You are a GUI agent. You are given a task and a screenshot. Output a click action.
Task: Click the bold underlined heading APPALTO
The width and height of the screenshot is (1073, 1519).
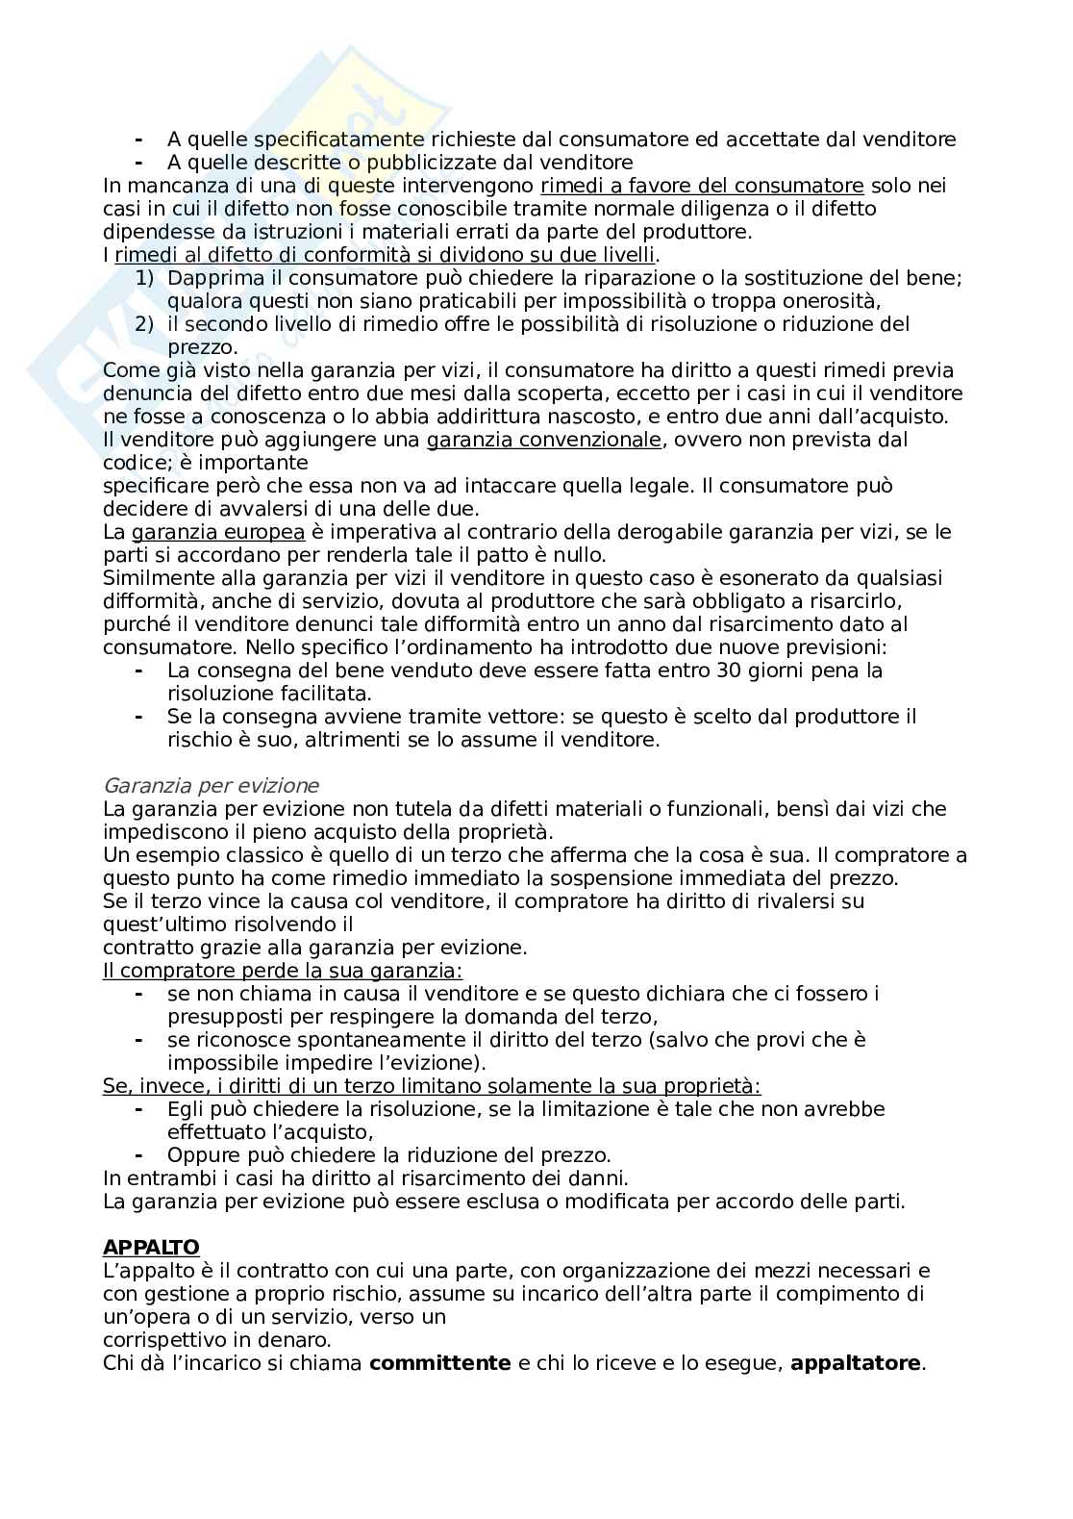(151, 1248)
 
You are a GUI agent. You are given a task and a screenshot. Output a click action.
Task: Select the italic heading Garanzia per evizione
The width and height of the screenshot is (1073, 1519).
(211, 786)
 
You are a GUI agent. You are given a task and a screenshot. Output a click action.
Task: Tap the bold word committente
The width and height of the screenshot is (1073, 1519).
(439, 1363)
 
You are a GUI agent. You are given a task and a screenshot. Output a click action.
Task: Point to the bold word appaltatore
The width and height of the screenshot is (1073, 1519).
(855, 1363)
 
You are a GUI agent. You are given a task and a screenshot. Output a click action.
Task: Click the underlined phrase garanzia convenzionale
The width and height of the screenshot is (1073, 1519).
(544, 440)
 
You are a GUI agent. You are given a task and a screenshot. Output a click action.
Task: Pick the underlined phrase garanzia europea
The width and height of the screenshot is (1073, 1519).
(218, 532)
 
